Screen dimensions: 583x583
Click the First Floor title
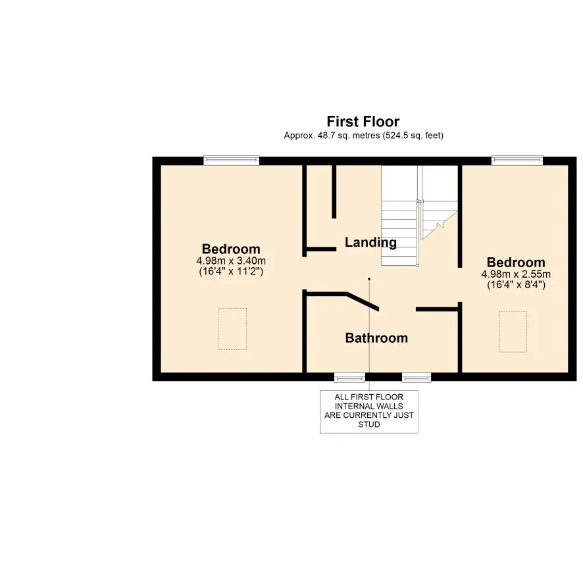[x=363, y=122]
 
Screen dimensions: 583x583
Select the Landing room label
[x=370, y=243]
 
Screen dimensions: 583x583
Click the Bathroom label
[x=376, y=338]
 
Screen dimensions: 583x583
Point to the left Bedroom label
[x=231, y=249]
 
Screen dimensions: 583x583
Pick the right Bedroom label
[x=516, y=263]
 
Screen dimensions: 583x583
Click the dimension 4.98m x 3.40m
[x=231, y=261]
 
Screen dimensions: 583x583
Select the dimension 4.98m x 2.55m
[x=516, y=274]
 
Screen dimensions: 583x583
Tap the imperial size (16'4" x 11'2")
[x=231, y=271]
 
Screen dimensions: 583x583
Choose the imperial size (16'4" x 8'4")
[x=516, y=285]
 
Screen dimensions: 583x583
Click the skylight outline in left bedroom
[x=232, y=328]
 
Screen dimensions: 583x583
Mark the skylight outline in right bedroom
[x=513, y=331]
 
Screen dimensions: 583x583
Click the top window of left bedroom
[x=231, y=160]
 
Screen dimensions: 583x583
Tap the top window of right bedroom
[x=517, y=160]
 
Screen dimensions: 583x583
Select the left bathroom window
[x=349, y=378]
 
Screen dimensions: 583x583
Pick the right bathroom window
[x=417, y=378]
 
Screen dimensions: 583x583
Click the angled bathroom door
[x=363, y=302]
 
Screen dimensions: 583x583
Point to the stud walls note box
[x=368, y=411]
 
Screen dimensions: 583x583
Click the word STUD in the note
[x=368, y=425]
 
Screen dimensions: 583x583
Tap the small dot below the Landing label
[x=369, y=279]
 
